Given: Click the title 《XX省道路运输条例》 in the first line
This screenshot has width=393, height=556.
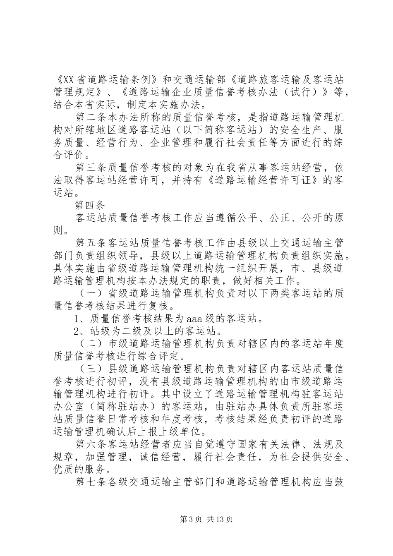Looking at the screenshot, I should (106, 79).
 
